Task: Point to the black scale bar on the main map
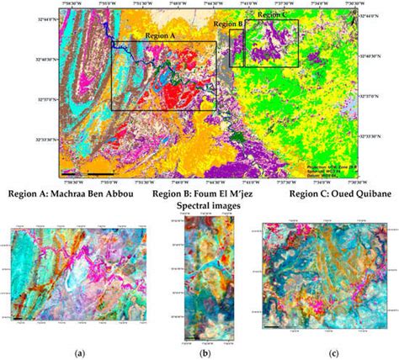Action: (100, 172)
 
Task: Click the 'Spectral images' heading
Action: (209, 206)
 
